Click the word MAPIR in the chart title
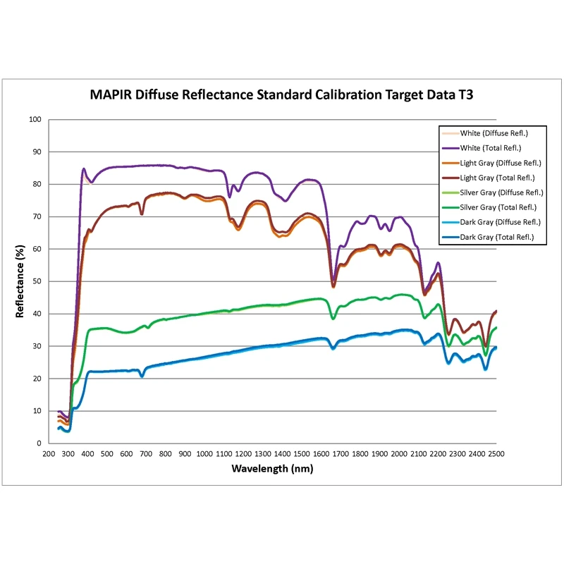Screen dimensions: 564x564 [x=113, y=94]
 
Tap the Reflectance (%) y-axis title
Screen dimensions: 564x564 [x=21, y=281]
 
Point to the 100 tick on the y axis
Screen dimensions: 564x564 [x=35, y=119]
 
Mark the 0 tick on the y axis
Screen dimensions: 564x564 [x=40, y=443]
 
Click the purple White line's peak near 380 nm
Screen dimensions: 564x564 [x=84, y=169]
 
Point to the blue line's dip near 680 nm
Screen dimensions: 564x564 [x=142, y=376]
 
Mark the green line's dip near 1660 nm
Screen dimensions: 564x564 [x=333, y=319]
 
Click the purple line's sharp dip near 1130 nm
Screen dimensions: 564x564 [x=229, y=197]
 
